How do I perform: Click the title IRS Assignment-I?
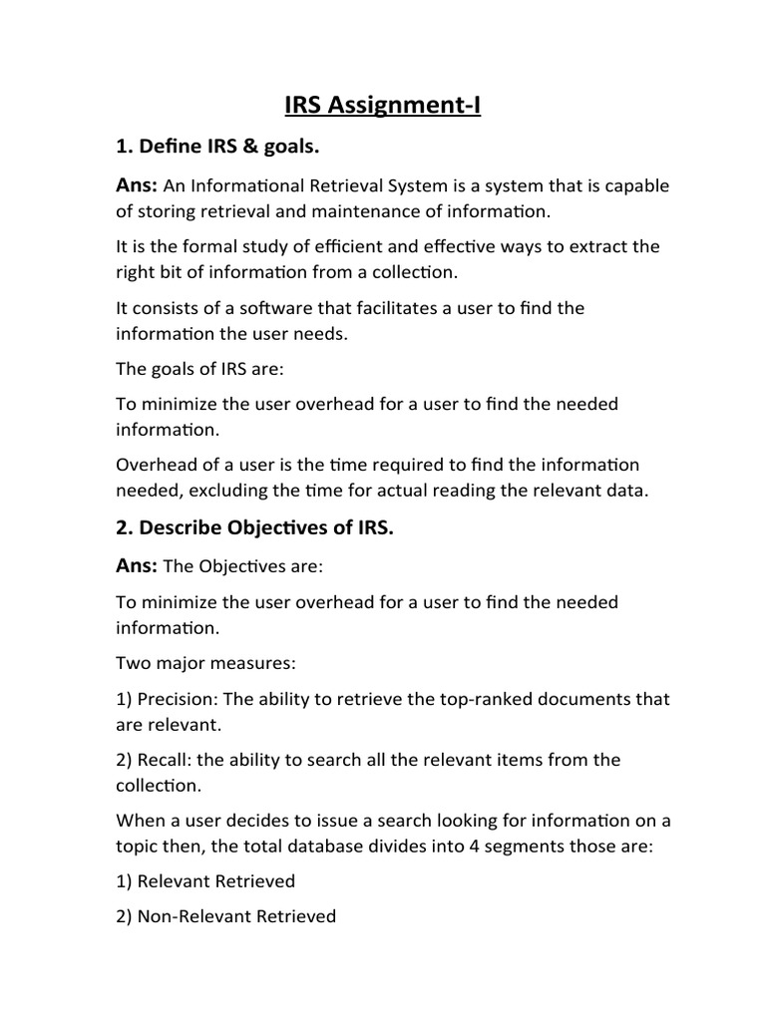pyautogui.click(x=383, y=105)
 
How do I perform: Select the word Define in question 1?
pyautogui.click(x=169, y=148)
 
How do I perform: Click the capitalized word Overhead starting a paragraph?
pyautogui.click(x=157, y=465)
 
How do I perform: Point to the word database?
pyautogui.click(x=333, y=846)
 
